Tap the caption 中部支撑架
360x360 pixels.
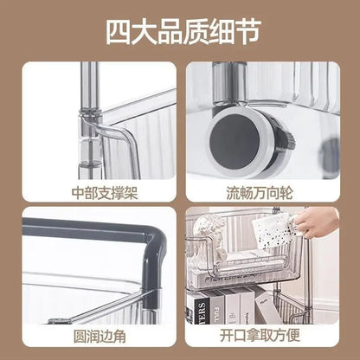tap(97, 192)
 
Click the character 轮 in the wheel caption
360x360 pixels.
tap(296, 192)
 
